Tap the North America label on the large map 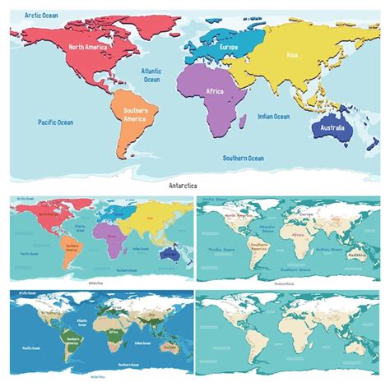pyautogui.click(x=90, y=48)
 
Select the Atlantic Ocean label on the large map pyautogui.click(x=151, y=76)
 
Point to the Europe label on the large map pyautogui.click(x=230, y=47)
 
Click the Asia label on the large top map pyautogui.click(x=292, y=55)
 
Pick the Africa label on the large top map pyautogui.click(x=214, y=91)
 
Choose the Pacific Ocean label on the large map pyautogui.click(x=55, y=122)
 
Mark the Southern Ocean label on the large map pyautogui.click(x=244, y=158)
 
